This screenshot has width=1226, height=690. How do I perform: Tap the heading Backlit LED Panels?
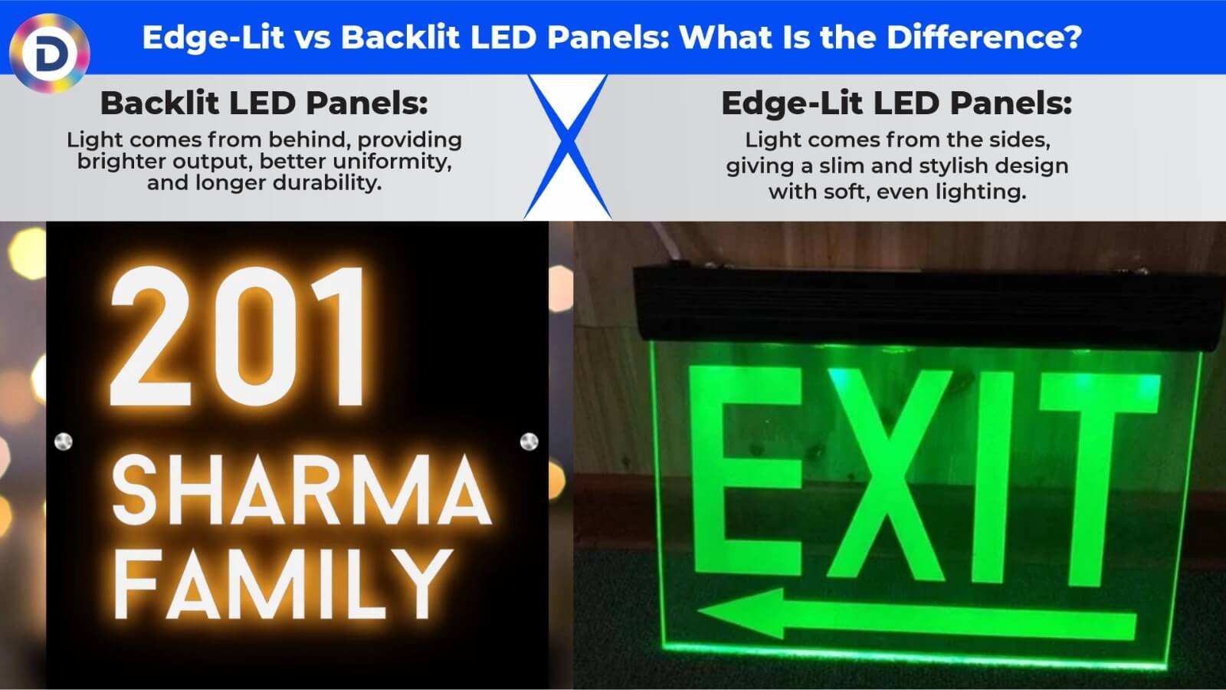(264, 103)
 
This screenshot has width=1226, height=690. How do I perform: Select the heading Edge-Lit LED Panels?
(896, 103)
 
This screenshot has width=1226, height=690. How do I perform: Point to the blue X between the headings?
(567, 146)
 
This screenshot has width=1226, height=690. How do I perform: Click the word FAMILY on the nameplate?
(284, 584)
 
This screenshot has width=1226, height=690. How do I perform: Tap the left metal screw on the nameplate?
(64, 442)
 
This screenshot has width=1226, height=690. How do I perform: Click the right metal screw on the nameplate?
(529, 442)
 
